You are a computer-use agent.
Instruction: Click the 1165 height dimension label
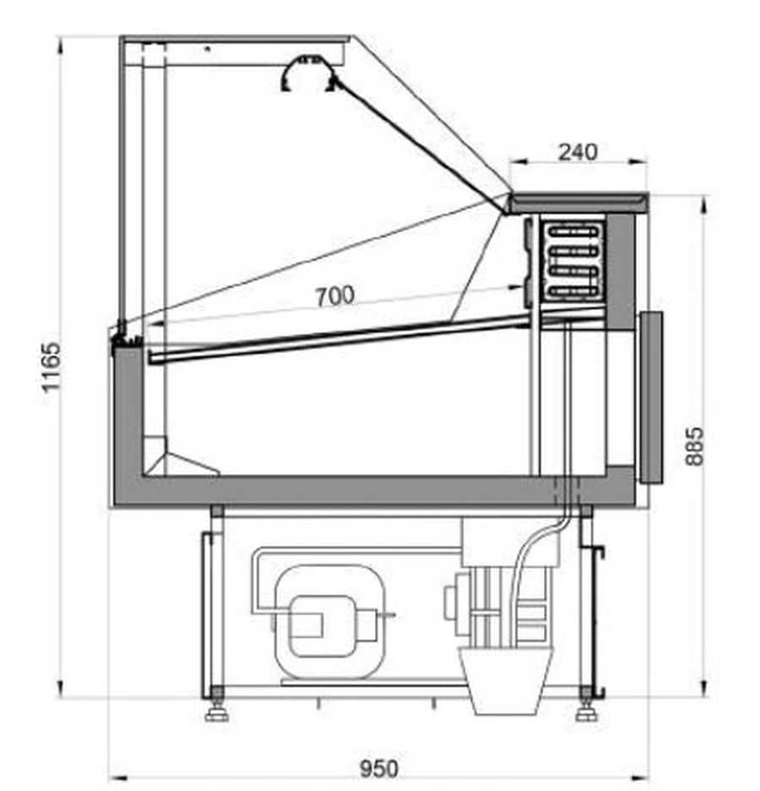tap(52, 367)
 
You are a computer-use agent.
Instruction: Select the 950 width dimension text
tap(379, 768)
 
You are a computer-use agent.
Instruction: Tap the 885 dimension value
tap(694, 446)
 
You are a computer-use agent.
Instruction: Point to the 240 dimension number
tap(578, 152)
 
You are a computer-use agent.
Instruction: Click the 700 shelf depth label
tap(335, 296)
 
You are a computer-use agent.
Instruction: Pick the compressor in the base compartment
tap(328, 619)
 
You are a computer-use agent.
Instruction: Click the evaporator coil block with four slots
tap(574, 260)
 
